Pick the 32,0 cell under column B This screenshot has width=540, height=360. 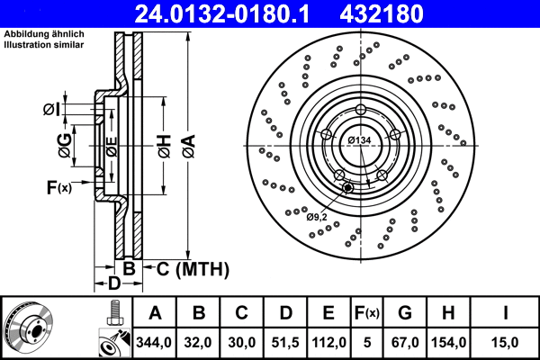coord(200,341)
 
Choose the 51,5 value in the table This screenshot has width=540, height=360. coord(286,341)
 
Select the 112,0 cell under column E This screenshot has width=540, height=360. coord(329,341)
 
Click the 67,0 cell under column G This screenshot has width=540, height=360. coord(405,341)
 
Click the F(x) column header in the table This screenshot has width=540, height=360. coord(368,313)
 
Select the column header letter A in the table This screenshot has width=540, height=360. coord(155,313)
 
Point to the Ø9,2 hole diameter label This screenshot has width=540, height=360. coord(317,216)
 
